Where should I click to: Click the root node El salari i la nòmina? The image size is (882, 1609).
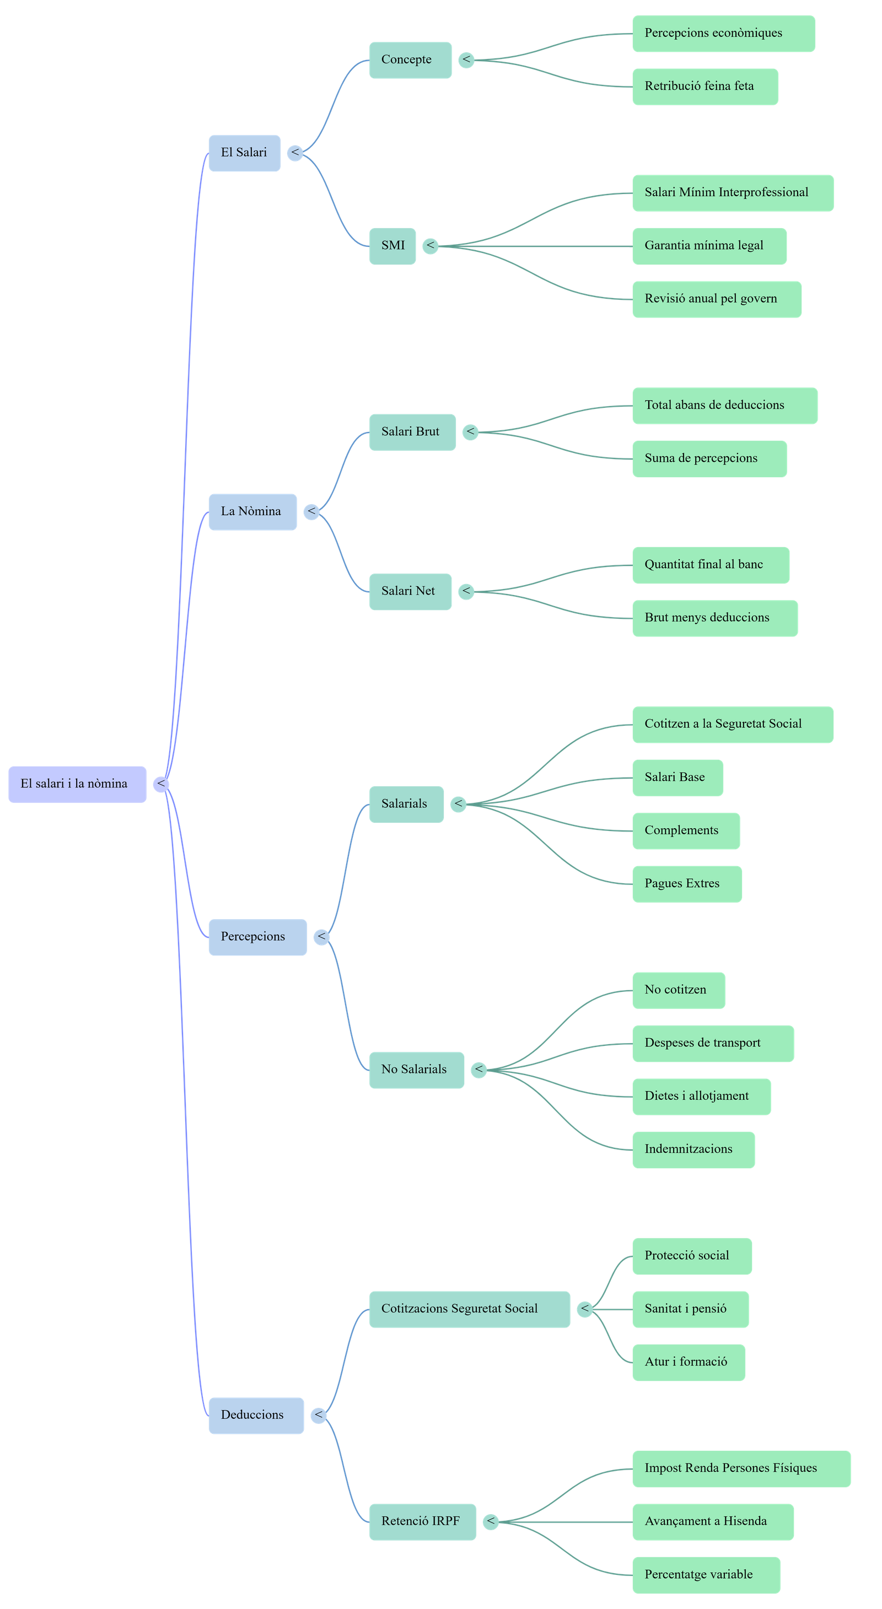[77, 784]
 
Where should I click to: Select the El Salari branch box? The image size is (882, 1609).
[244, 153]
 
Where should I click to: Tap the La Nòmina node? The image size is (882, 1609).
[252, 511]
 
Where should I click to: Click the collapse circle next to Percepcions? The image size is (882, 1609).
[321, 937]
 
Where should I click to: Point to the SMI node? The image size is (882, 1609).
[392, 245]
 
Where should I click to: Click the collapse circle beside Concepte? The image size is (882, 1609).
[466, 60]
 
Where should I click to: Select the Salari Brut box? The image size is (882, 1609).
[412, 431]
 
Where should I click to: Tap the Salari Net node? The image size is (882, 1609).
[410, 591]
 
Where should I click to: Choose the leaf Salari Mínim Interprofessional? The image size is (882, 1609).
[732, 192]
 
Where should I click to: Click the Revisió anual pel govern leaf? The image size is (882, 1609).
[717, 299]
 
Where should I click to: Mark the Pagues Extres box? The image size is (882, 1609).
[686, 883]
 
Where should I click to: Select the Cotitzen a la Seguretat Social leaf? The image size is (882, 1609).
[732, 724]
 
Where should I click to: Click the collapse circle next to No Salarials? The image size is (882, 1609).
[478, 1070]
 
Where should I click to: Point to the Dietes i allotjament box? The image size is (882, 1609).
[701, 1096]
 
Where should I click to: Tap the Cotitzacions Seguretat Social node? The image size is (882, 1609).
[469, 1309]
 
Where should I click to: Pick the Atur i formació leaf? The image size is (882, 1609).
[689, 1362]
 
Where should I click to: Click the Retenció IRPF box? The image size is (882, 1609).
[422, 1521]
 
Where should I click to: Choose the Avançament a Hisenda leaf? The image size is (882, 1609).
[713, 1521]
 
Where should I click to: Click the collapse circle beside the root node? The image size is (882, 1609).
[161, 784]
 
